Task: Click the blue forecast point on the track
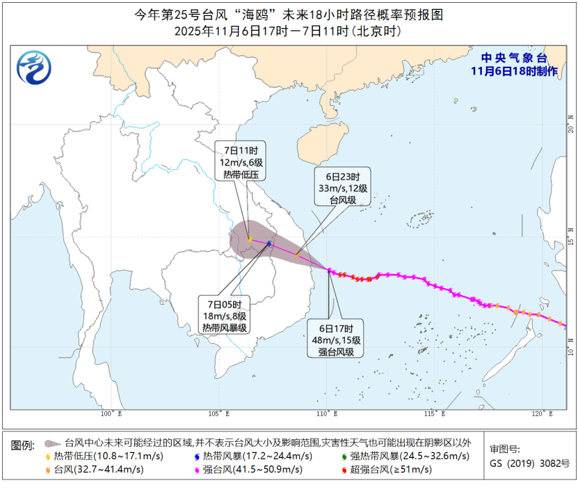click(x=269, y=243)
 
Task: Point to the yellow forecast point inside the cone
click(x=249, y=239)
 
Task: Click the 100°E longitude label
click(x=111, y=414)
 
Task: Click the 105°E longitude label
click(x=219, y=414)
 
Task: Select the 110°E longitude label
click(x=327, y=414)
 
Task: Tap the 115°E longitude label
click(x=435, y=414)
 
